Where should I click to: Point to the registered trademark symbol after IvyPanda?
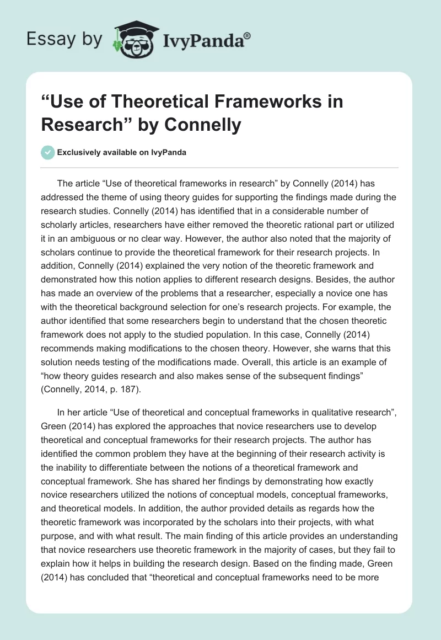click(248, 35)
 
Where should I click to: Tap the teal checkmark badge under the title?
click(48, 152)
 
